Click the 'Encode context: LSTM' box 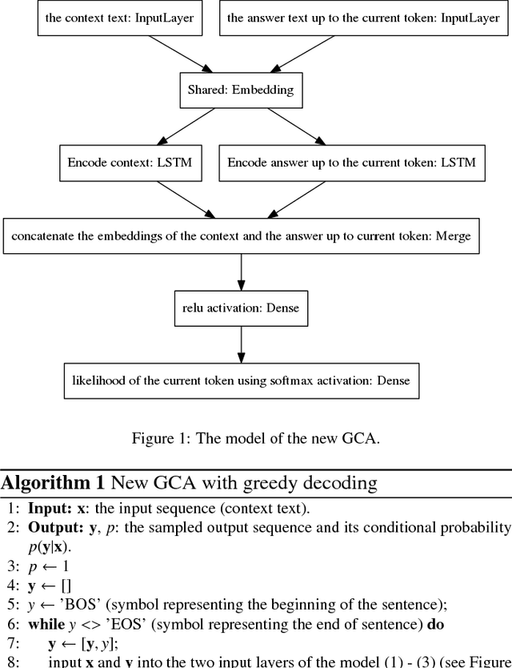tap(130, 163)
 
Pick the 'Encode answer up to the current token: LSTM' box tap(351, 163)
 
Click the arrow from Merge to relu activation tap(241, 272)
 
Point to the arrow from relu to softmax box tap(241, 344)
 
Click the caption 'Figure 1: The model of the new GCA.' tap(255, 438)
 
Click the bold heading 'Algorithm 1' tap(52, 482)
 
